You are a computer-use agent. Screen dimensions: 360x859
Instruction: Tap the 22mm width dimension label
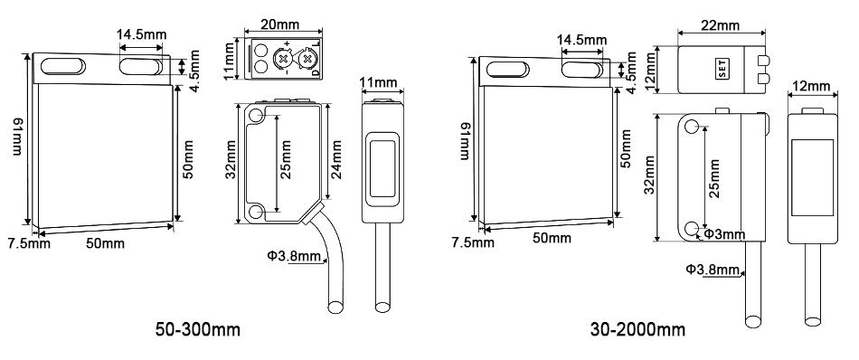pos(720,24)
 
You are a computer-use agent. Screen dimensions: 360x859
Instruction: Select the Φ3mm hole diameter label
pos(724,234)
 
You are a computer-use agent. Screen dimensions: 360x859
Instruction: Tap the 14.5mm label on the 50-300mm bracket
pos(141,35)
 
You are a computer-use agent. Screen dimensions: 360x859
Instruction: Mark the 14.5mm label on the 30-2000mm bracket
pos(581,41)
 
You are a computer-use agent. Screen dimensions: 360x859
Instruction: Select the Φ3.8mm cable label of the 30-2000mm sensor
pos(713,269)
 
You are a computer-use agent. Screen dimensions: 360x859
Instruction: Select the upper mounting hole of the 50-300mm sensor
pos(257,116)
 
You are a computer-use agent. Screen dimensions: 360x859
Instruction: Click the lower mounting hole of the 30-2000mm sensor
pos(692,228)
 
